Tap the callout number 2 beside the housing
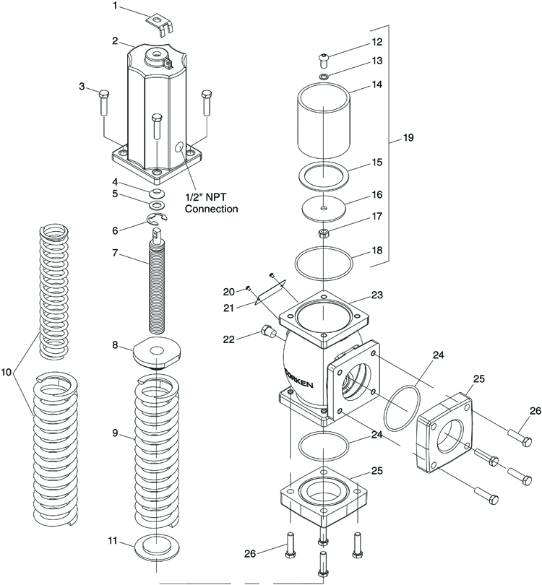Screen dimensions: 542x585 tap(116, 40)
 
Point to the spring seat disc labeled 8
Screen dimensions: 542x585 tap(158, 352)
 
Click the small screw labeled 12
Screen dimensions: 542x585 tap(324, 60)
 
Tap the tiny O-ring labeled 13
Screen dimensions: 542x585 tap(324, 77)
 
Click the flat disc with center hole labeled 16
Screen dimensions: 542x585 tap(324, 208)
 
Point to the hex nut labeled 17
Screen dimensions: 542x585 tap(324, 234)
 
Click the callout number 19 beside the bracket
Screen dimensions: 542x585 tap(408, 138)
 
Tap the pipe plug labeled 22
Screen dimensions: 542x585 tap(267, 330)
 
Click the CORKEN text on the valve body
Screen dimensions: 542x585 tap(300, 379)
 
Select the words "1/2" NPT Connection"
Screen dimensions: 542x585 tap(211, 203)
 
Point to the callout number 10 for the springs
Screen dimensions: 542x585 tap(7, 372)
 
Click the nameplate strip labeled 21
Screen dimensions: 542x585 tap(270, 293)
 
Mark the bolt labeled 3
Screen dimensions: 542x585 tap(103, 102)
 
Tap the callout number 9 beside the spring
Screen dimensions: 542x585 tap(115, 433)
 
